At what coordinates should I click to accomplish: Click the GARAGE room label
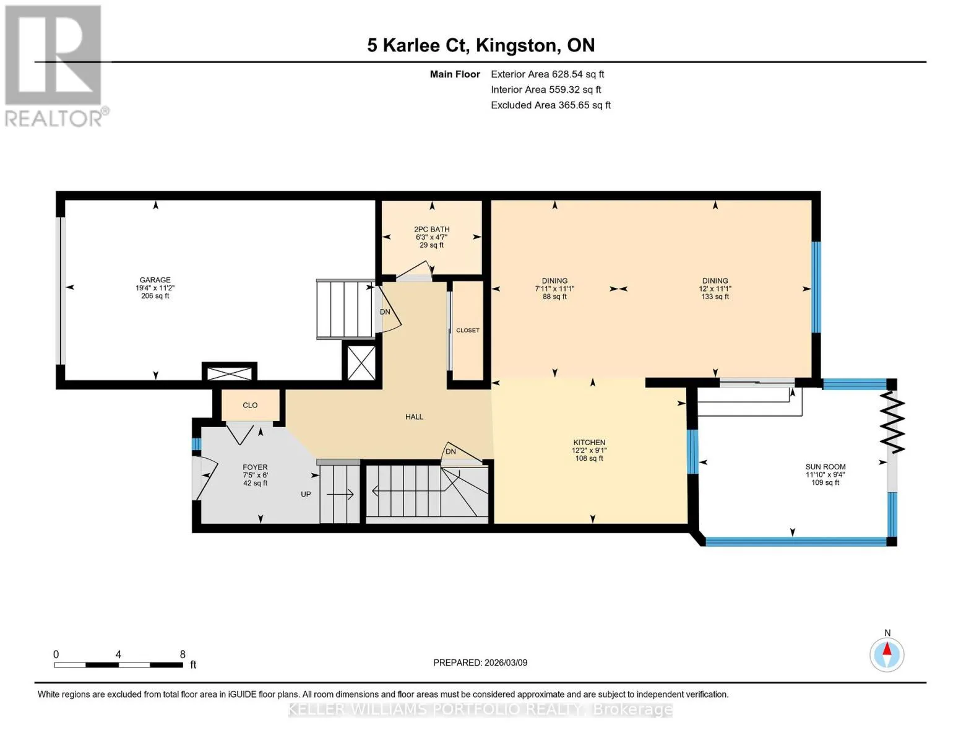click(x=155, y=280)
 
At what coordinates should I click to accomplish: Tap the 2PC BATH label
click(x=432, y=229)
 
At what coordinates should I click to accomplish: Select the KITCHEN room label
click(x=589, y=443)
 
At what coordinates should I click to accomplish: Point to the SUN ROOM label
click(x=825, y=467)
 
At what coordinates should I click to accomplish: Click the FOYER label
click(x=255, y=467)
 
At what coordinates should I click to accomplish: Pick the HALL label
click(x=415, y=417)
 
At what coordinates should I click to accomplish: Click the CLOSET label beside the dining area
click(x=468, y=331)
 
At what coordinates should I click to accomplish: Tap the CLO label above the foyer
click(x=251, y=406)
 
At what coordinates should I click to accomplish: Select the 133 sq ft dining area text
click(x=715, y=297)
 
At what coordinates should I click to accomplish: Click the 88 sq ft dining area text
click(x=554, y=297)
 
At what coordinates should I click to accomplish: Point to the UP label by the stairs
click(x=306, y=494)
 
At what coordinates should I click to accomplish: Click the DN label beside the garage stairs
click(x=385, y=312)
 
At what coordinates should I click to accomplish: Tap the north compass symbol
click(x=887, y=654)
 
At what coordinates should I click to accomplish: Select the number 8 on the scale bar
click(x=183, y=654)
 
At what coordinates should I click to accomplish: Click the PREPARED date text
click(x=480, y=663)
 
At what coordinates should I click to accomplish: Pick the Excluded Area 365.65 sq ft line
click(x=551, y=105)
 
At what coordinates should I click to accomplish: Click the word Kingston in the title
click(x=515, y=45)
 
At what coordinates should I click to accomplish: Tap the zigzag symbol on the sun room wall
click(x=892, y=423)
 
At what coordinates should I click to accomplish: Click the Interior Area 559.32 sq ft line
click(x=546, y=90)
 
